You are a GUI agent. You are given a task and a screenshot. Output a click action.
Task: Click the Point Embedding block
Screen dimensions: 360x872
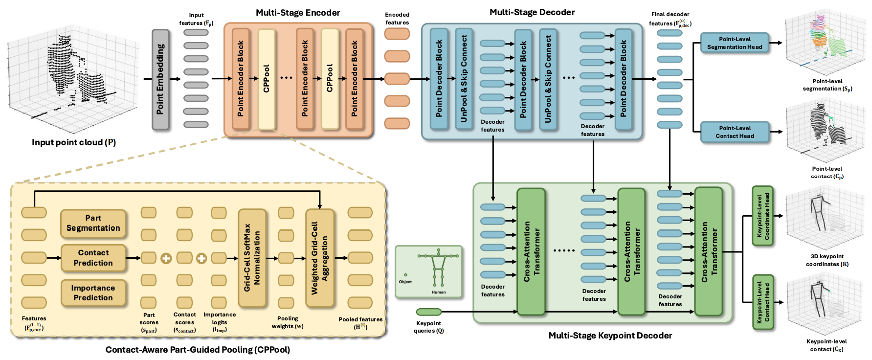[160, 79]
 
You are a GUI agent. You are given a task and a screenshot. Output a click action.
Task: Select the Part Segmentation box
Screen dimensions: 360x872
[93, 223]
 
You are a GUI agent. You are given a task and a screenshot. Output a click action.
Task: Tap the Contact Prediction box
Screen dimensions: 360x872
[93, 258]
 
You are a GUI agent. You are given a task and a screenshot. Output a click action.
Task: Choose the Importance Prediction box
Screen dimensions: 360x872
[93, 292]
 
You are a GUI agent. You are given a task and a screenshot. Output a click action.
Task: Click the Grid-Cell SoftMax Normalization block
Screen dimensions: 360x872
[252, 258]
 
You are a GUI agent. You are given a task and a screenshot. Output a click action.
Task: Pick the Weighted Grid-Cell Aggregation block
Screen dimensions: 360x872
[320, 258]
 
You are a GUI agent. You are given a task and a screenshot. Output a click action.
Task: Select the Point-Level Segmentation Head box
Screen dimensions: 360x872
[734, 43]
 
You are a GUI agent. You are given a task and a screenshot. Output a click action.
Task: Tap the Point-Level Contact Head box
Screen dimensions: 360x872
[734, 132]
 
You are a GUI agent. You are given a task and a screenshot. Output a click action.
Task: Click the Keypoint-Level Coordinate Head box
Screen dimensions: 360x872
[762, 216]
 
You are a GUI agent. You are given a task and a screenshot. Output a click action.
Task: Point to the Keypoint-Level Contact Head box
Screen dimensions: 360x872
[762, 302]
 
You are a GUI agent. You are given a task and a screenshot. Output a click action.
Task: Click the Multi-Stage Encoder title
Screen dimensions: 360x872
[298, 13]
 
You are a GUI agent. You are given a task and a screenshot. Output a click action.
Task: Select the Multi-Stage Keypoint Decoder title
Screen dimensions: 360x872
[610, 336]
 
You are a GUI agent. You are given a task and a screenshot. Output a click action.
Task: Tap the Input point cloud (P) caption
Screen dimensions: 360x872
[74, 142]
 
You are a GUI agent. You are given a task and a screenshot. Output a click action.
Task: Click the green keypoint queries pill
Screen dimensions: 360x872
[428, 312]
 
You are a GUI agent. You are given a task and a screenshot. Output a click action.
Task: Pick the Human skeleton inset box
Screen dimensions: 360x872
[428, 272]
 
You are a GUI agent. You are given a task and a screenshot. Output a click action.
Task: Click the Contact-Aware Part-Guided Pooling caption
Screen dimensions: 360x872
[198, 350]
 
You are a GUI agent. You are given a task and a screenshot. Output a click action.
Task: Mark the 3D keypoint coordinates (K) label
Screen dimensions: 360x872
[827, 260]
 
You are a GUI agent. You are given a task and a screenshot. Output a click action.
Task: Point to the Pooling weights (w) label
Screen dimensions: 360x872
[288, 322]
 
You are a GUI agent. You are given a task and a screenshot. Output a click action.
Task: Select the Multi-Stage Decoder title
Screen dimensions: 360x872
[532, 12]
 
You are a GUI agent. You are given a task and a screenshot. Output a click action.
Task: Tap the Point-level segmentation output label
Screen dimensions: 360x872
[827, 85]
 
